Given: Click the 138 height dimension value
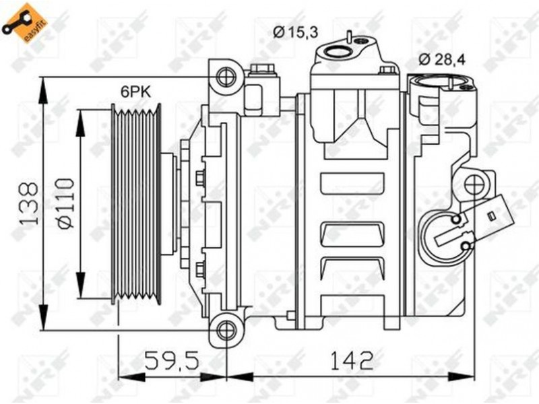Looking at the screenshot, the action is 28,203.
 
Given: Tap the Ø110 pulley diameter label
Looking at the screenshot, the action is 65,203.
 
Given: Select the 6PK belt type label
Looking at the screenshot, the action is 135,92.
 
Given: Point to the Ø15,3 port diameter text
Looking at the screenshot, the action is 296,32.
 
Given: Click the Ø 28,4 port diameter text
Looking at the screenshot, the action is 442,60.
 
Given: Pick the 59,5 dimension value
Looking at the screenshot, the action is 172,360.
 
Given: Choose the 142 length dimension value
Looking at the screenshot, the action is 352,360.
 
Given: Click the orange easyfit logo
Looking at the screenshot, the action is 24,24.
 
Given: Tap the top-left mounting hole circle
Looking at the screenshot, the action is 227,77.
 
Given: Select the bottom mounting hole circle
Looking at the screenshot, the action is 227,330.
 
